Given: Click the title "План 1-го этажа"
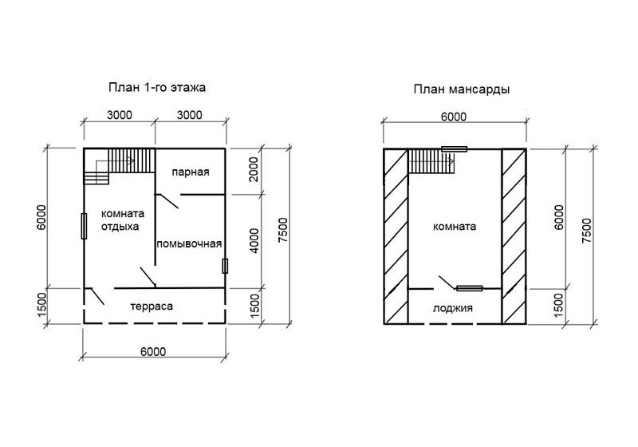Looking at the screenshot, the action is click(x=157, y=88).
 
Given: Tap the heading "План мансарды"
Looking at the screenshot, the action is click(x=462, y=89).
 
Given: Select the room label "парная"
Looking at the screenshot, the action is click(x=191, y=172).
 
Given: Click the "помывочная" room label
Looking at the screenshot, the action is click(x=189, y=244).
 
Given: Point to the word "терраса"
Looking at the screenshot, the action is click(x=152, y=307).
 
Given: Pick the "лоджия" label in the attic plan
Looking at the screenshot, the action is click(x=452, y=308).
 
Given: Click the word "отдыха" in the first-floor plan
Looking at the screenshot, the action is click(x=120, y=227).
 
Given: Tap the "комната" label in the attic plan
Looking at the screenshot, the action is click(x=455, y=227).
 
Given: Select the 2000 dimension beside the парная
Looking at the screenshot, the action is click(x=253, y=169).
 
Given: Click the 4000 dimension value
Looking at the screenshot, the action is click(x=254, y=241).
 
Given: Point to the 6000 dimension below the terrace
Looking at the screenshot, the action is click(x=153, y=352).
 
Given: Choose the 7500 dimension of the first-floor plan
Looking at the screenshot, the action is click(x=283, y=231).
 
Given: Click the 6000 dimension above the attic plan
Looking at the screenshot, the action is click(x=454, y=117).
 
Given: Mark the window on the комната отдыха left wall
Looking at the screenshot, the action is click(x=84, y=226).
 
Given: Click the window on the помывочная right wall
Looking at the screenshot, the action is click(x=225, y=266).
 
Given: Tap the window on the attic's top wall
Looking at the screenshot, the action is click(x=454, y=149).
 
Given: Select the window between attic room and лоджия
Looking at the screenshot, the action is click(x=470, y=289).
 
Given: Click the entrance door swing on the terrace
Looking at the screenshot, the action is click(x=96, y=296).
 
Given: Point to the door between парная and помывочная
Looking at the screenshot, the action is click(x=167, y=201).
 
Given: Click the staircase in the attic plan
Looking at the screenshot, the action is click(x=431, y=161).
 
